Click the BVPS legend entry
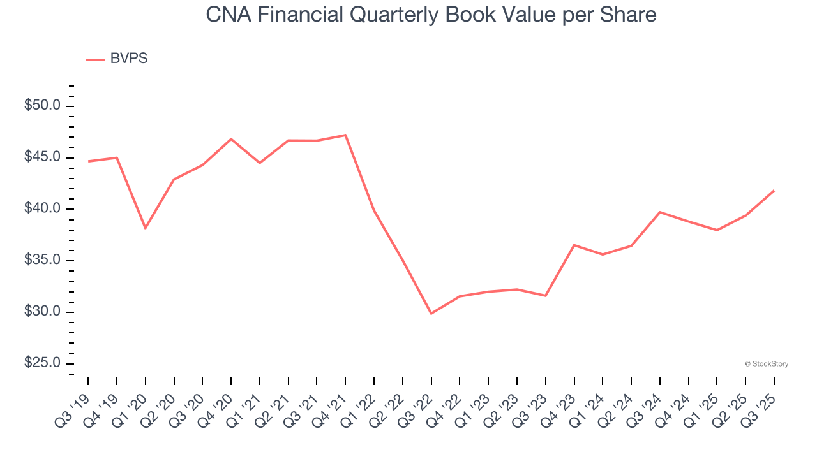click(117, 59)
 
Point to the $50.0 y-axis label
click(42, 106)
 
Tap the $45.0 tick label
click(42, 157)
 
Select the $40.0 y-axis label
click(42, 209)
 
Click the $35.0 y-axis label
click(42, 260)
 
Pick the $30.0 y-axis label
click(42, 312)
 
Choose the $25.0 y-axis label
click(42, 363)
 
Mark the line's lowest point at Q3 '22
click(431, 314)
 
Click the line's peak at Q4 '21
click(345, 135)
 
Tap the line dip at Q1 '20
click(146, 228)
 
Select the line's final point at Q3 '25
click(774, 191)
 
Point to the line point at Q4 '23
click(574, 245)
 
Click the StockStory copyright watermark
click(766, 364)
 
